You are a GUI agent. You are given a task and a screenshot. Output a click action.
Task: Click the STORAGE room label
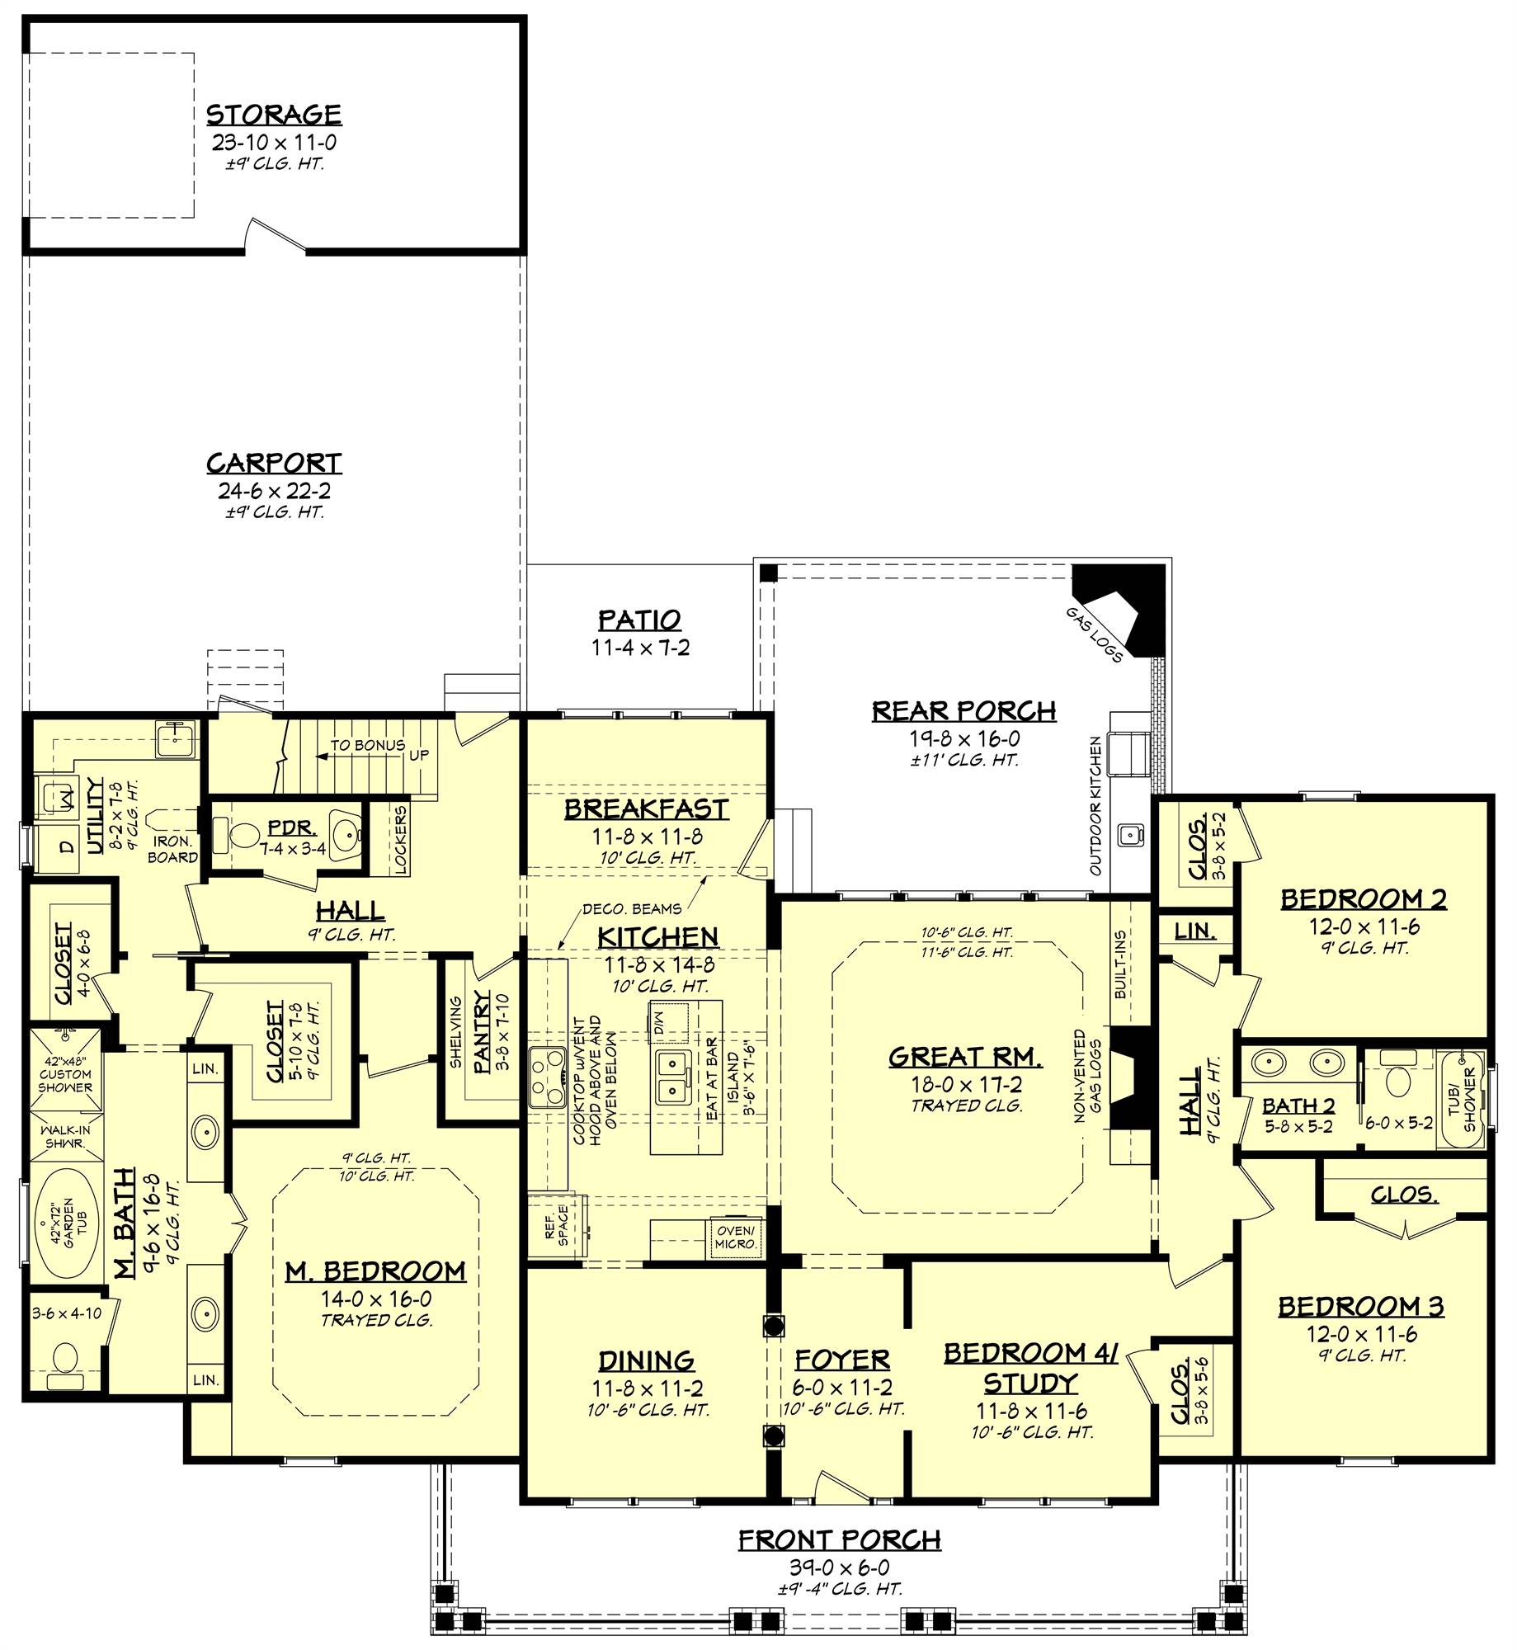coord(273,115)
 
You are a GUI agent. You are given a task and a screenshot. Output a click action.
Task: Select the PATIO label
coord(639,620)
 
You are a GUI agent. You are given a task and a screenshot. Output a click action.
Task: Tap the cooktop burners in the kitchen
coord(545,1078)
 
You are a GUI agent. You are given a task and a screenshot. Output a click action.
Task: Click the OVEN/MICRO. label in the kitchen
coord(735,1237)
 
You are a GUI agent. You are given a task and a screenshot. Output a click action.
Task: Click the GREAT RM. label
coord(964,1057)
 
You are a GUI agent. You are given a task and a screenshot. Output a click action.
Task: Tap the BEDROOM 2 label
coord(1363,898)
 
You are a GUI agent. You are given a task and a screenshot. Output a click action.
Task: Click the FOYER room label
coord(841,1360)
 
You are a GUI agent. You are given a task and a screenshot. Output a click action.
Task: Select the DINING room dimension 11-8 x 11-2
coord(648,1388)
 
